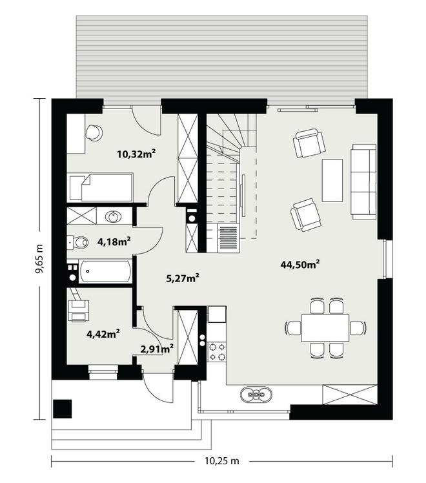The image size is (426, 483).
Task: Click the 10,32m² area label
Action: click(136, 154)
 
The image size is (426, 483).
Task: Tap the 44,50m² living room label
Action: click(299, 264)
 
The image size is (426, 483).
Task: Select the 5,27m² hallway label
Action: click(183, 278)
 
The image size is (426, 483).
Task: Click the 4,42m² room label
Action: click(103, 334)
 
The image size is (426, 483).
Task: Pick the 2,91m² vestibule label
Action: click(157, 349)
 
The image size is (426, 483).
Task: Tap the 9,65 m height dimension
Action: click(39, 258)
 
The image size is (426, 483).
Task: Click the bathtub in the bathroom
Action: click(105, 271)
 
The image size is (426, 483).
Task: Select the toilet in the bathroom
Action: click(77, 242)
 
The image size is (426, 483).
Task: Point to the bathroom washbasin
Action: click(113, 216)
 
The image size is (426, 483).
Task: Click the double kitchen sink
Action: click(256, 395)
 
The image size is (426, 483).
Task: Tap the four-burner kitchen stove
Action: click(217, 352)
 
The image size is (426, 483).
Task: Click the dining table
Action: click(325, 328)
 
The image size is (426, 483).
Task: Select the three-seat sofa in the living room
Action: click(363, 181)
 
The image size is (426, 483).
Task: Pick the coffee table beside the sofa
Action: click(332, 181)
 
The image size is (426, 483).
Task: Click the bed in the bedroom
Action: click(101, 188)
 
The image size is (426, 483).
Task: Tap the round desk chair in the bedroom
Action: click(94, 133)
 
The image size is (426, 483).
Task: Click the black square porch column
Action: click(63, 409)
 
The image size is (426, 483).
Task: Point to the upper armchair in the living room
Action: click(309, 143)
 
